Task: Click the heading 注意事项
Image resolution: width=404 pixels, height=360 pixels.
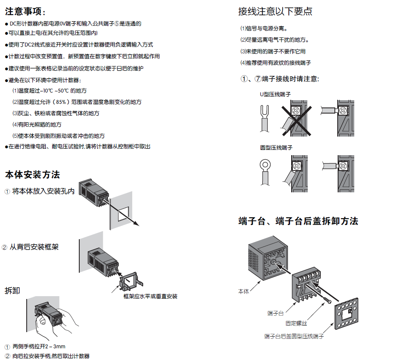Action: coord(25,11)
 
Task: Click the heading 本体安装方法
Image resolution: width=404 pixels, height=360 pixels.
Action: coord(32,175)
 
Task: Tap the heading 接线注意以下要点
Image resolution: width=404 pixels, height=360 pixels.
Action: coord(275,11)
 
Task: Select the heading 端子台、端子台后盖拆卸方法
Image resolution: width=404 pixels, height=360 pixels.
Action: coord(298,221)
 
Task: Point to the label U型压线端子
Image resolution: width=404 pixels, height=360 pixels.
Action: coord(275,94)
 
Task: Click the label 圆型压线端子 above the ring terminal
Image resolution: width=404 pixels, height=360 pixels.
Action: coord(276,148)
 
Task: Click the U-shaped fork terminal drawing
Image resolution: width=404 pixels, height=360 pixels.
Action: coord(265,118)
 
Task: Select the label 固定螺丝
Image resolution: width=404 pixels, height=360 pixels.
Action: coord(296,324)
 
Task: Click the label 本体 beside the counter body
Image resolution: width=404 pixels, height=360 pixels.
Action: coord(243,291)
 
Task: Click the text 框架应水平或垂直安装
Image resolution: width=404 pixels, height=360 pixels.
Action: coord(150,297)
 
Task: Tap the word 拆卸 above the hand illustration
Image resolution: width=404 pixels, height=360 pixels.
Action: coord(12,291)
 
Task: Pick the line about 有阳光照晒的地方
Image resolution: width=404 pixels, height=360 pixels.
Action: coord(37,124)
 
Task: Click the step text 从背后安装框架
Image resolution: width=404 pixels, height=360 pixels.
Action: coord(34,247)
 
